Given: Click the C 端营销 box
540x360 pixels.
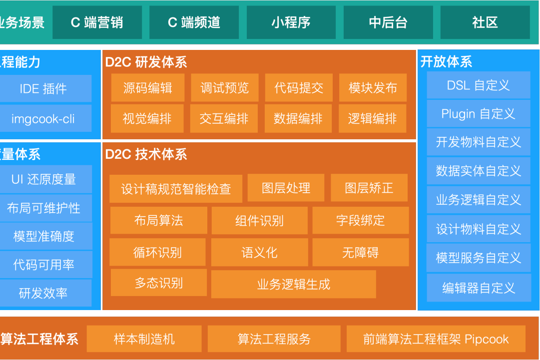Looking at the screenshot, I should click(97, 22).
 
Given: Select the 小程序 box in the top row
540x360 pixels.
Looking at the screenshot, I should click(291, 22).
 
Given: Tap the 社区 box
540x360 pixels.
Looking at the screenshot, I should click(485, 22).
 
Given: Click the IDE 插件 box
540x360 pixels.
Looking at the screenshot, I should click(43, 89).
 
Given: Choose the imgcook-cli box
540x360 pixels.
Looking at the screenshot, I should click(43, 118).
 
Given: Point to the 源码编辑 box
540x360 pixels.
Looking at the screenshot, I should click(147, 88).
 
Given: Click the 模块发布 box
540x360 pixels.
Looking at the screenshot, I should click(373, 88).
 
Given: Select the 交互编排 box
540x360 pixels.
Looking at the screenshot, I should click(224, 118).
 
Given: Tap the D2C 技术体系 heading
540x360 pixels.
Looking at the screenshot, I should click(146, 154).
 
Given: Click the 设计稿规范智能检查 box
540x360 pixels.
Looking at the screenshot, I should click(176, 189).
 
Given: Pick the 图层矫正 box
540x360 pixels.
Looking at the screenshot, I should click(369, 188).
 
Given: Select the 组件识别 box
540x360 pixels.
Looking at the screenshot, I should click(259, 220).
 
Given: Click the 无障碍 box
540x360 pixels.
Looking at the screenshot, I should click(360, 252).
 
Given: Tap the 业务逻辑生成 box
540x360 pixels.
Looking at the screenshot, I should click(293, 284).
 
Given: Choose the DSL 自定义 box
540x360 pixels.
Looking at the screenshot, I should click(478, 85).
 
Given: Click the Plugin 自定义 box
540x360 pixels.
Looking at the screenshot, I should click(478, 114).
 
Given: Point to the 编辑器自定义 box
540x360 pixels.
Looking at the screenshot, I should click(478, 288).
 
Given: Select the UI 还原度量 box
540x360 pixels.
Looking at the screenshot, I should click(43, 179).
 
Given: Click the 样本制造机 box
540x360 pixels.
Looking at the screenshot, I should click(144, 339).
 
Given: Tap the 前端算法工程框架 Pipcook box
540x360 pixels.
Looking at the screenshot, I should click(436, 339).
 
